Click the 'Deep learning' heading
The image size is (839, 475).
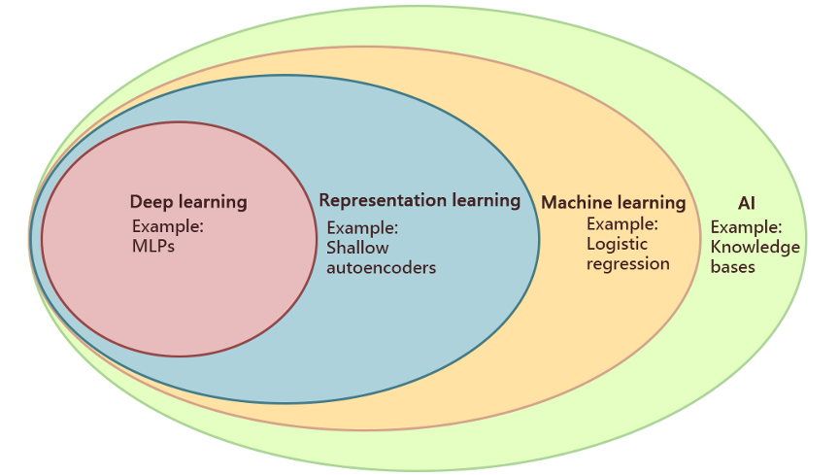point(188,202)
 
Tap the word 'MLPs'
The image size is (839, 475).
point(153,246)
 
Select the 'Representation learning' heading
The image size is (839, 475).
point(419,200)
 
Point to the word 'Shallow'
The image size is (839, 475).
point(357,248)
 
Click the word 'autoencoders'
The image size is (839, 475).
point(381,267)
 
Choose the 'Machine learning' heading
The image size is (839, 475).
point(614,203)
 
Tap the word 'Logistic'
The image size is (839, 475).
point(617,244)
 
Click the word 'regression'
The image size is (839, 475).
point(628,263)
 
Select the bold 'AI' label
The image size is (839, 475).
point(747,203)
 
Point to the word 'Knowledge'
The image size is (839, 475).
point(755,247)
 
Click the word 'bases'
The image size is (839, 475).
point(732,266)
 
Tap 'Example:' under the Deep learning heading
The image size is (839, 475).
point(167,227)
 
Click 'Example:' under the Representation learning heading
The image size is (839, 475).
point(362,228)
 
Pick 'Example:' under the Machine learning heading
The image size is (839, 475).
point(622,224)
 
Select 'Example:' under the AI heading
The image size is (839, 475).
point(746,227)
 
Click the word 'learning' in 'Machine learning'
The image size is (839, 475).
point(653,203)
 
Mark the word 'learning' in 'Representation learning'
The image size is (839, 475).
point(485,200)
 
